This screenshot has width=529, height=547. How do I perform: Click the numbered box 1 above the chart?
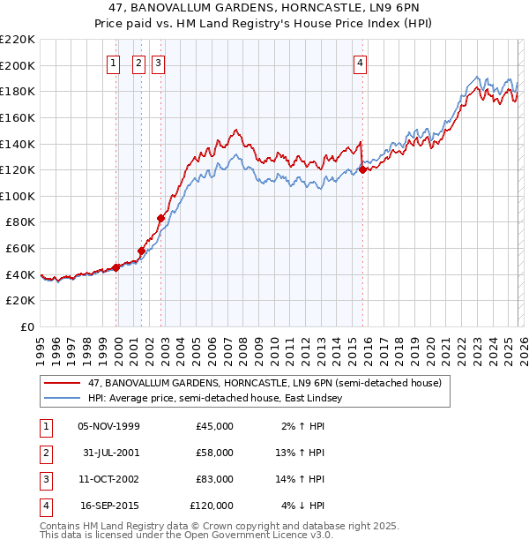click(x=115, y=63)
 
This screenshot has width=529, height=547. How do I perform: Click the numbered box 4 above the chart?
click(x=361, y=63)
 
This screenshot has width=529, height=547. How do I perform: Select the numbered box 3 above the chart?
click(x=158, y=63)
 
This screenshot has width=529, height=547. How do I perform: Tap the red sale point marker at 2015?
click(x=362, y=169)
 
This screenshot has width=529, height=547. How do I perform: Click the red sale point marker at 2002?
click(x=161, y=218)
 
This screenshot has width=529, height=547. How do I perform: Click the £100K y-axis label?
click(x=18, y=196)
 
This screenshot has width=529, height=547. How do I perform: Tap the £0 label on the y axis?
click(x=26, y=327)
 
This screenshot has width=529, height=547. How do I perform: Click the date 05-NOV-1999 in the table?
click(x=108, y=426)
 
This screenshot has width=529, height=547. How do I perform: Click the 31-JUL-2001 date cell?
click(x=108, y=453)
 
